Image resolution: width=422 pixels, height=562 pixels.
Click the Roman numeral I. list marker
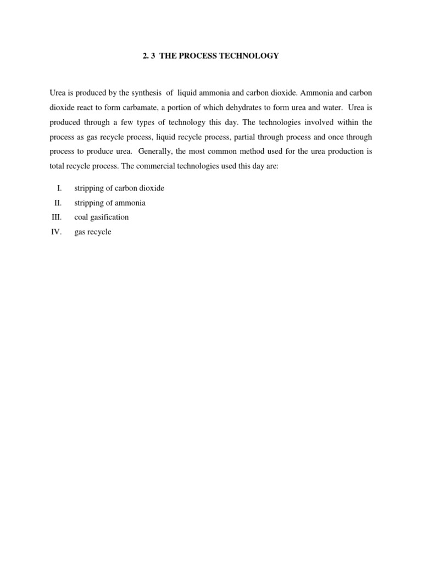[59, 188]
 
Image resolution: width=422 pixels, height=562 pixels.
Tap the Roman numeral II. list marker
[58, 203]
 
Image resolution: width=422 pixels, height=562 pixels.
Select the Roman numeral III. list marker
[56, 217]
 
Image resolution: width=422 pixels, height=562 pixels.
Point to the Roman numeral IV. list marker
[57, 232]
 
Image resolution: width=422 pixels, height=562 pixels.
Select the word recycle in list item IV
[100, 232]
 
